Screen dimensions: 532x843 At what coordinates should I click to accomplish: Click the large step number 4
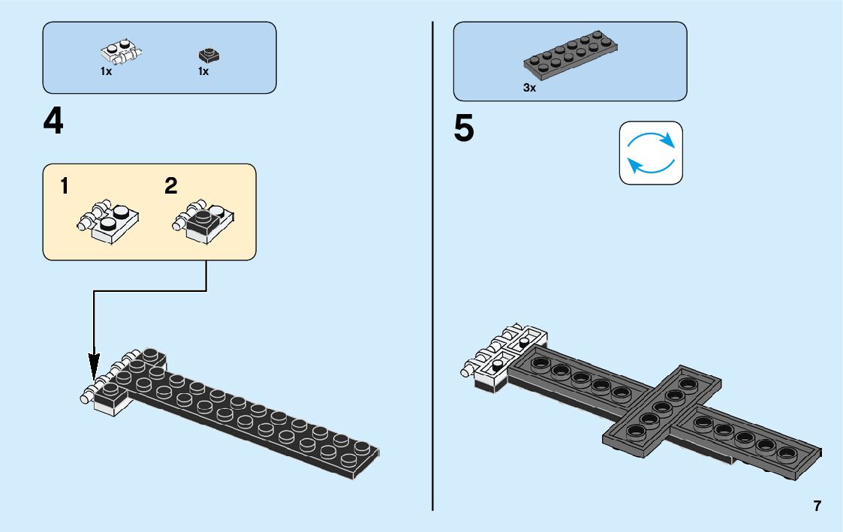click(x=53, y=122)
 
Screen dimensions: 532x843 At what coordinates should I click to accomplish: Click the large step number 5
click(x=464, y=129)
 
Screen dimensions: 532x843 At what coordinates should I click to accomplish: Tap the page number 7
click(x=817, y=506)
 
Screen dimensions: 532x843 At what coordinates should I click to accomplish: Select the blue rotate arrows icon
click(x=651, y=152)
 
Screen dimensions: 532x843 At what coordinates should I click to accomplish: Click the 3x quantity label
click(x=530, y=88)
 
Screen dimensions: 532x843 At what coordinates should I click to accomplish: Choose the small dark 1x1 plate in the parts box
click(x=208, y=55)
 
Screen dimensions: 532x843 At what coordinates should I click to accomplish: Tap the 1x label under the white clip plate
click(x=106, y=71)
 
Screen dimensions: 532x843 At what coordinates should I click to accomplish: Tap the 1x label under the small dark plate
click(x=203, y=71)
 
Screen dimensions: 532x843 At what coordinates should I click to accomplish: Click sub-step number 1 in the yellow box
click(x=65, y=187)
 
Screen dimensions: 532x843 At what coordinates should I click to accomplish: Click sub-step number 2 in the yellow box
click(x=171, y=187)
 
